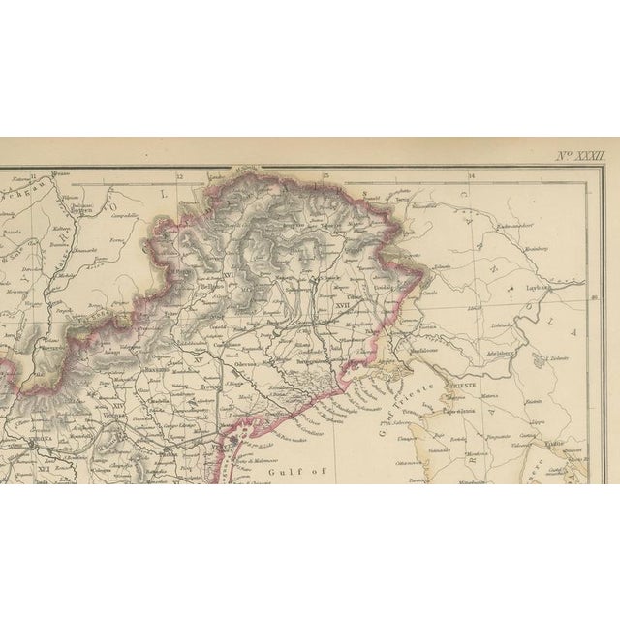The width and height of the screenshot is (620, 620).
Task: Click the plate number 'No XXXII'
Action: (578, 155)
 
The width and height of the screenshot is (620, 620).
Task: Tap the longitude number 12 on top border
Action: (179, 177)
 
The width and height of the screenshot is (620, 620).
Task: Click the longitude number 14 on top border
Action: (471, 177)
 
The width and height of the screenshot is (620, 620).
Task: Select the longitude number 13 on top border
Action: (325, 177)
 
